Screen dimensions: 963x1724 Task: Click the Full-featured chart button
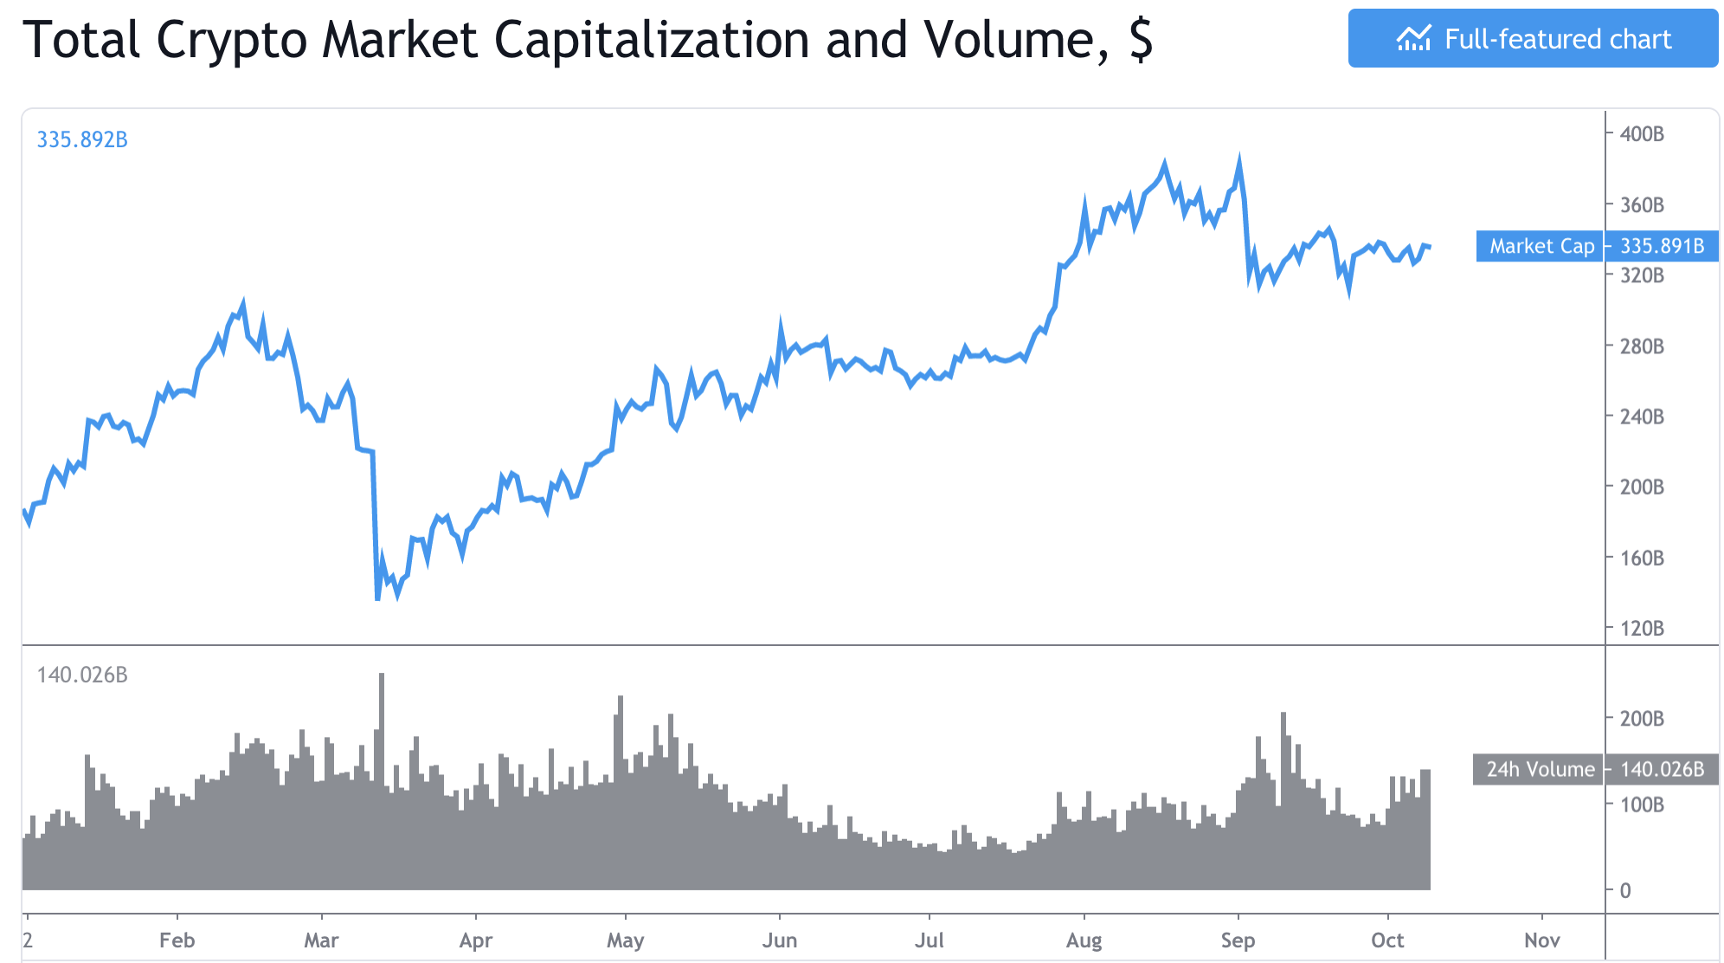tap(1532, 39)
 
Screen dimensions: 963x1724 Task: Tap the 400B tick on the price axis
tap(1641, 134)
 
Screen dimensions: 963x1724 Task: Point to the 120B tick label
tap(1641, 629)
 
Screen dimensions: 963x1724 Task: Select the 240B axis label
tap(1641, 417)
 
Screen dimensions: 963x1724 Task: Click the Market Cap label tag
tap(1541, 247)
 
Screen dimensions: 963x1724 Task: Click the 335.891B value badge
tap(1662, 247)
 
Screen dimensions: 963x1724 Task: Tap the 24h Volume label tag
tap(1539, 769)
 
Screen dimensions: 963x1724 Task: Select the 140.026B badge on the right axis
tap(1662, 769)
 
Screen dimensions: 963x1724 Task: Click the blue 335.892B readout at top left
tap(82, 139)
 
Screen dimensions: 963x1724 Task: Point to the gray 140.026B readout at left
tap(82, 675)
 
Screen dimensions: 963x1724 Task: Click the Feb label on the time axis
tap(177, 940)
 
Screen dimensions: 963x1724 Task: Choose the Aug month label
tap(1084, 940)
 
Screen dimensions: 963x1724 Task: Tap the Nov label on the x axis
tap(1541, 940)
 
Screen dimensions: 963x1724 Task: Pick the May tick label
tap(625, 940)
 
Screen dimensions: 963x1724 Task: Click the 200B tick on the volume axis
tap(1641, 719)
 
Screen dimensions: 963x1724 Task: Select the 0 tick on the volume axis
tap(1624, 890)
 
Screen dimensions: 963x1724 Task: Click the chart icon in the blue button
tap(1413, 39)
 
